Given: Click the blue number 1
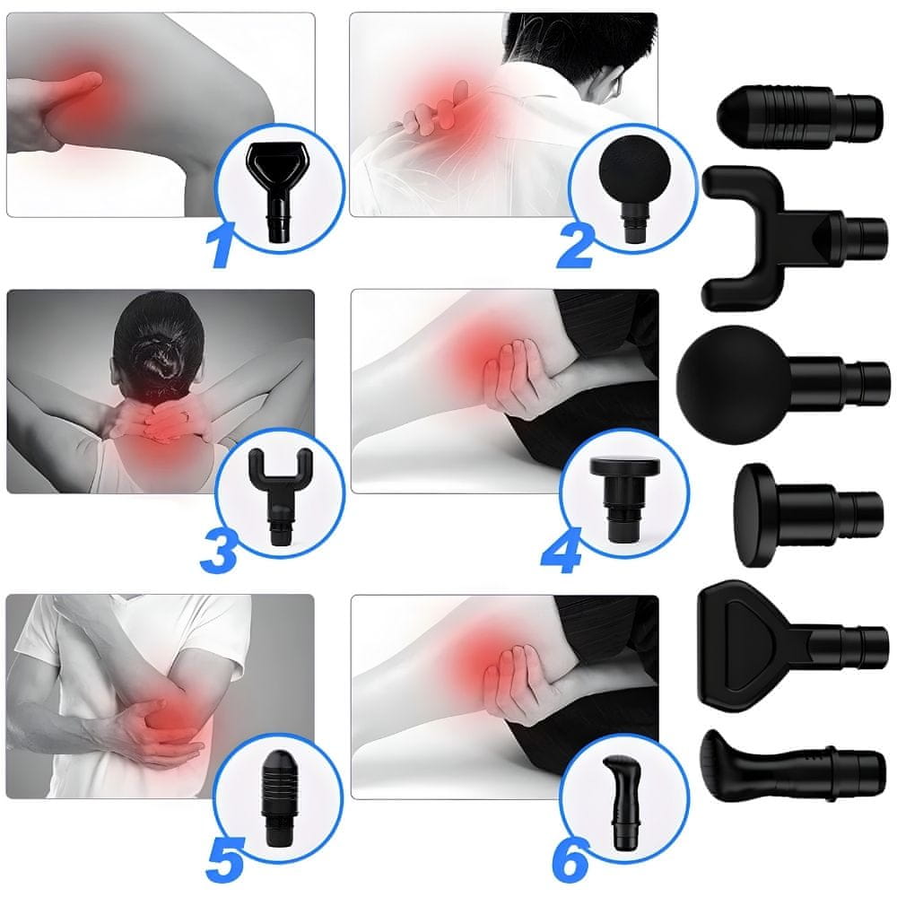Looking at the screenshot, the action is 222,245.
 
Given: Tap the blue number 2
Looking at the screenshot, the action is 576,247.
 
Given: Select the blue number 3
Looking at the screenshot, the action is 219,550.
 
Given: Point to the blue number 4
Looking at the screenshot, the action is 562,551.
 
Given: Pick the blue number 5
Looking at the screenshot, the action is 225,860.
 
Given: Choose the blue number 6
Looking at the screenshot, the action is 570,860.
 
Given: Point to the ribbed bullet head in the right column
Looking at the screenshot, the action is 799,118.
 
